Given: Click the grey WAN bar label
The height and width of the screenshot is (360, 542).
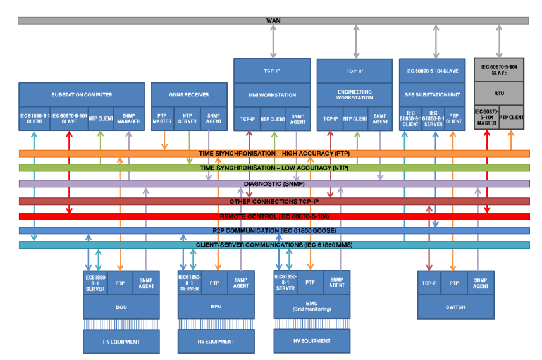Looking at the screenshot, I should point(274,21).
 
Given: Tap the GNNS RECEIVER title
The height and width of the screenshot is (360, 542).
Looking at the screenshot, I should point(188,95).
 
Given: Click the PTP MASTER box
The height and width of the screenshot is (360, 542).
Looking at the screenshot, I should point(163,118).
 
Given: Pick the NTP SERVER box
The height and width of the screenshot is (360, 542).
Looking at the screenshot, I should point(188,118).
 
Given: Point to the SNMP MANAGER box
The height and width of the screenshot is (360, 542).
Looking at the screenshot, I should point(128,118).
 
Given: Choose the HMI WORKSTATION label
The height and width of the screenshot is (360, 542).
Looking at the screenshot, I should point(272,95).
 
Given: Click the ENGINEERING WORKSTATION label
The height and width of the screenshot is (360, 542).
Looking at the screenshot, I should point(354,95).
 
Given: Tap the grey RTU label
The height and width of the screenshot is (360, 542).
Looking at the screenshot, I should point(499,91).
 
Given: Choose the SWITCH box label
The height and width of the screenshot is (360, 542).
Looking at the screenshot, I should point(454,307).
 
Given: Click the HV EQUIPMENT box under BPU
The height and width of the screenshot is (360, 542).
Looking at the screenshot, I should point(214,342).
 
